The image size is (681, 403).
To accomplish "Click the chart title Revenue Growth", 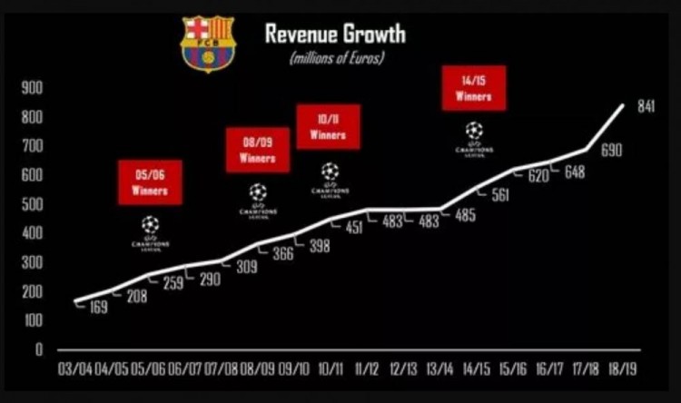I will point(334,34).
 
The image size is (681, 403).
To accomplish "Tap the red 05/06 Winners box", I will point(150,182).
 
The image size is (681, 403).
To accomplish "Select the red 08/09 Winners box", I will point(258,150).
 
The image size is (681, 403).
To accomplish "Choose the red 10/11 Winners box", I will point(329,126).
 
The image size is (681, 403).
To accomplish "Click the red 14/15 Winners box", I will point(473,88).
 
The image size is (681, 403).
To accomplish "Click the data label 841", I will point(646,107).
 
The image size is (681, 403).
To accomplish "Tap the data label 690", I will point(611,150).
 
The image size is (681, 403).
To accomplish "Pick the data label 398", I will point(319,245).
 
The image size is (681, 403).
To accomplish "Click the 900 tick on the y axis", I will point(34,88).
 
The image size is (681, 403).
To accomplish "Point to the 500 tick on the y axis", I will point(34,204).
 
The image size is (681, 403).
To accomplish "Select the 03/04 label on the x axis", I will point(75,371).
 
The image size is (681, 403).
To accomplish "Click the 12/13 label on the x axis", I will point(403,371).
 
